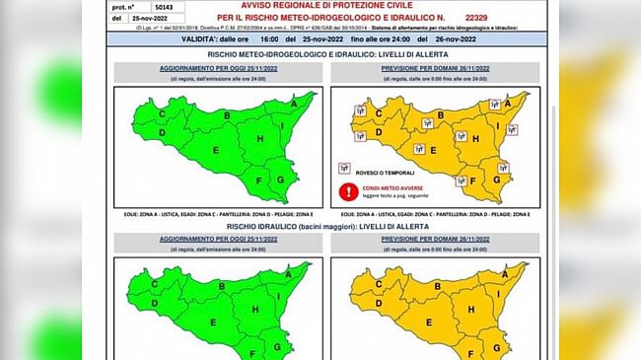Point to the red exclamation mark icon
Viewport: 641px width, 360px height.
pos(346,191)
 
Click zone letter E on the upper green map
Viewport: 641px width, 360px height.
pos(214,149)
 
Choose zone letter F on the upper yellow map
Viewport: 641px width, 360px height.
pos(473,180)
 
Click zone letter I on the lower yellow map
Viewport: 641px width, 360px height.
pos(500,295)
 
